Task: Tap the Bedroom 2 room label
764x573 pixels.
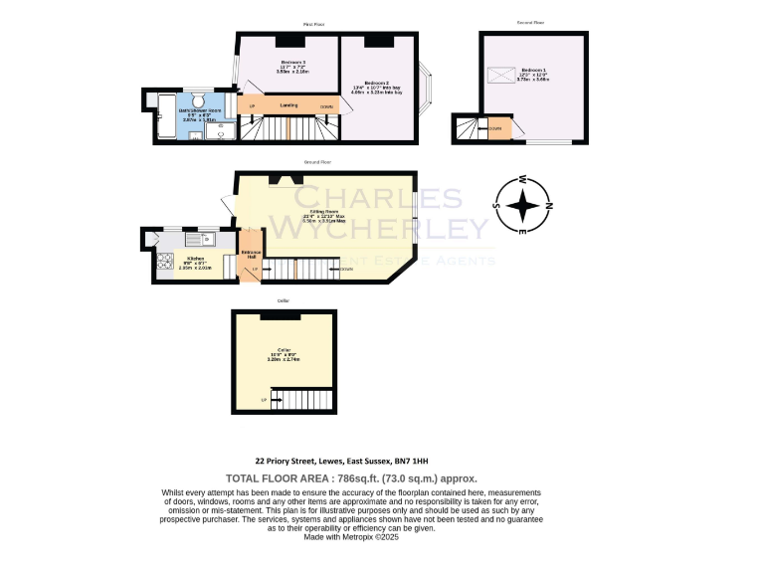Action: [x=376, y=83]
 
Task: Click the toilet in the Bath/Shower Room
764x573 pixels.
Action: [x=197, y=102]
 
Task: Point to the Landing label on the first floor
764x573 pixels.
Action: [x=288, y=104]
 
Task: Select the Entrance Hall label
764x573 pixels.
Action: [x=252, y=255]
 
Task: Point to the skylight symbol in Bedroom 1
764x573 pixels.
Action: [x=500, y=75]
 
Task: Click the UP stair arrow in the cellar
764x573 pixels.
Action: [x=264, y=400]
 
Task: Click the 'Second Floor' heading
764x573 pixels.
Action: [x=530, y=22]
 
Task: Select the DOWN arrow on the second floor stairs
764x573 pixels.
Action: [x=494, y=127]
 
